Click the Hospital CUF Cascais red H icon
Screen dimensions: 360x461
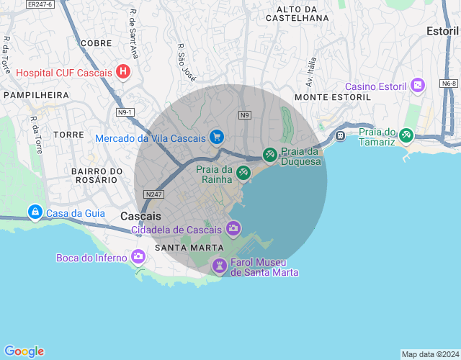coord(123,72)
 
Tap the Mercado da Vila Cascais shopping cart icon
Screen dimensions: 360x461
coord(216,137)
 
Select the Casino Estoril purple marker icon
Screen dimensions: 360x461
coord(417,86)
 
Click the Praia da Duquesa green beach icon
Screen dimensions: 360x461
coord(269,154)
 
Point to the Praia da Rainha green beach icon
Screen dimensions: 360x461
coord(243,172)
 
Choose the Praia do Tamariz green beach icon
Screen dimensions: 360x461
coord(406,134)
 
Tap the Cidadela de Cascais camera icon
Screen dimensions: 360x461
coord(233,229)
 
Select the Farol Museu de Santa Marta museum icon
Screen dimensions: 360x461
coord(219,266)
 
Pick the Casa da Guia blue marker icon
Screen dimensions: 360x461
coord(35,212)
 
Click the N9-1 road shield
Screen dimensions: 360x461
coord(125,112)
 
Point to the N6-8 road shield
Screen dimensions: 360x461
coord(449,84)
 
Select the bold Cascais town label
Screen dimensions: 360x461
coord(141,216)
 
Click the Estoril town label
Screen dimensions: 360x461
coord(442,31)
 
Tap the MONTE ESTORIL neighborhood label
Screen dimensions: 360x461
coord(333,96)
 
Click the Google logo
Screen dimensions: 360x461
coord(24,351)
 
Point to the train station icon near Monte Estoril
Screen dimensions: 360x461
coord(341,135)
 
